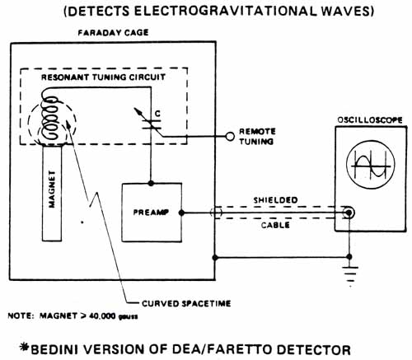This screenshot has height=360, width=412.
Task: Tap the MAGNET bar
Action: tap(52, 193)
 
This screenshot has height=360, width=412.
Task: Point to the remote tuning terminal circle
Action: tap(230, 137)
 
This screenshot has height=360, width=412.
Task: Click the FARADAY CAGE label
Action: tap(113, 33)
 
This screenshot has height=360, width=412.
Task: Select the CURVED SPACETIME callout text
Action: tap(186, 303)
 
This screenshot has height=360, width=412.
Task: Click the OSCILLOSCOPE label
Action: tap(370, 120)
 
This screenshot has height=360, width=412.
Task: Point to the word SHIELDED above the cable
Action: tap(275, 200)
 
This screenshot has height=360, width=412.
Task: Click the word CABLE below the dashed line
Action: tap(275, 226)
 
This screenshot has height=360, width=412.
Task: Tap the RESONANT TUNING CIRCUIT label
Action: tap(103, 77)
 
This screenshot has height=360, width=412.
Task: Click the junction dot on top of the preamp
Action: tap(151, 183)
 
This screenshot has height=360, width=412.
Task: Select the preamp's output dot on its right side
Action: tap(181, 213)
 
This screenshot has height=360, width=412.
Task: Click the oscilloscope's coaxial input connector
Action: tap(349, 213)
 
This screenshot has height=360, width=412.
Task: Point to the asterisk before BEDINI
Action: tap(25, 347)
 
